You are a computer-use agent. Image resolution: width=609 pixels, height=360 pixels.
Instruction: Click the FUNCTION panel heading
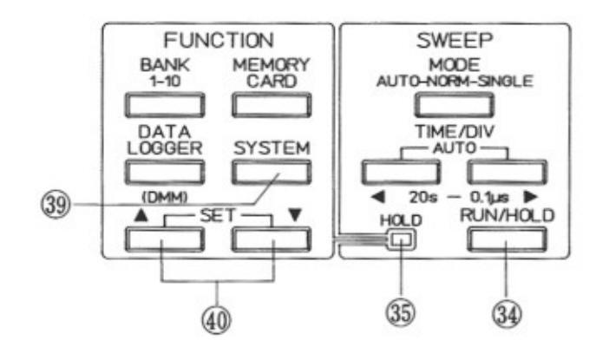(x=219, y=39)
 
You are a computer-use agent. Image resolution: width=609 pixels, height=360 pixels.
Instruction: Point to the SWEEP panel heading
(x=455, y=39)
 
